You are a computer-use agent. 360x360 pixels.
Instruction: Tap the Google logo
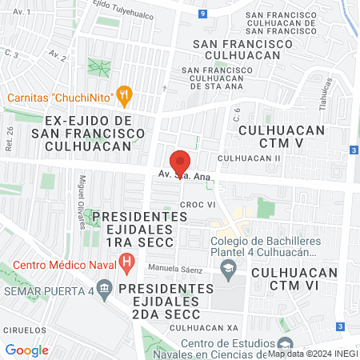(x=26, y=350)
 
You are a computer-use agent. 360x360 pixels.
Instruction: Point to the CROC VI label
(x=198, y=205)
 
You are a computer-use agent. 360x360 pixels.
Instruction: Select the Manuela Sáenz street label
(x=174, y=267)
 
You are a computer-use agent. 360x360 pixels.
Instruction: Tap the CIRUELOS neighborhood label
(x=23, y=329)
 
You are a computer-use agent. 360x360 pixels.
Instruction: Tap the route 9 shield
(x=204, y=14)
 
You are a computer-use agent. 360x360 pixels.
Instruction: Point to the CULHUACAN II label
(x=250, y=158)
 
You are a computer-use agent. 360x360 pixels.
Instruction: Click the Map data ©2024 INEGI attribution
(x=312, y=353)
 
